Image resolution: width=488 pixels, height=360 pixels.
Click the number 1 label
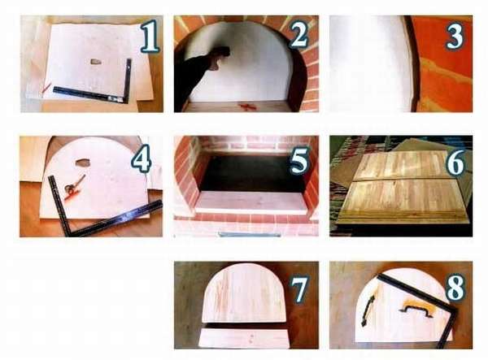click(x=150, y=36)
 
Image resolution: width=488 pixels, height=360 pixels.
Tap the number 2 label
click(x=298, y=35)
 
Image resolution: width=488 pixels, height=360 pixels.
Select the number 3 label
click(x=455, y=37)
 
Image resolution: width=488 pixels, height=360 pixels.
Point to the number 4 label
click(x=142, y=158)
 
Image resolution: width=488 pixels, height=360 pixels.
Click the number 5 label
click(x=299, y=160)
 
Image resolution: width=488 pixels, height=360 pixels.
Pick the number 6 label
click(x=455, y=162)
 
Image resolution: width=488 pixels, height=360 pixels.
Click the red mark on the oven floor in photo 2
click(x=246, y=107)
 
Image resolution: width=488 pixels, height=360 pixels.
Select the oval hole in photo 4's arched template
click(x=82, y=163)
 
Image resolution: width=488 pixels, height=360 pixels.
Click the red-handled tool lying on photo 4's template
click(x=74, y=187)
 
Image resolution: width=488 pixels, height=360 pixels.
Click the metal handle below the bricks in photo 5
click(x=248, y=234)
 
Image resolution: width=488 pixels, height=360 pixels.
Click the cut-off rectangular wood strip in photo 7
click(x=244, y=339)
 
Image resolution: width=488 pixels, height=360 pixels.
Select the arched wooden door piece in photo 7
click(x=244, y=293)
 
